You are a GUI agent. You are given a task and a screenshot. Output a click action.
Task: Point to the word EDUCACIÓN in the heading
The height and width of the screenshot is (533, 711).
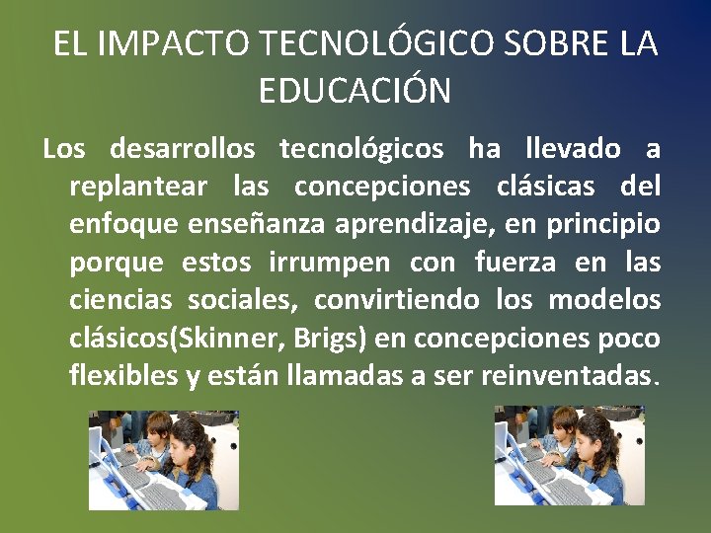[x=355, y=91]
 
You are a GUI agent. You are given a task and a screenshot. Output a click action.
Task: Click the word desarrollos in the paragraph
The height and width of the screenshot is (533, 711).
[x=183, y=149]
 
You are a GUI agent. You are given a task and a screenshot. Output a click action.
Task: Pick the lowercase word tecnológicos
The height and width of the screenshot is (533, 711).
[x=361, y=149]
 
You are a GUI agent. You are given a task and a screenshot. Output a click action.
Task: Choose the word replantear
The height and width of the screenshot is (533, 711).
[x=138, y=187]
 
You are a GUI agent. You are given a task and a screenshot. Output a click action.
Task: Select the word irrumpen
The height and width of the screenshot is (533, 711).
[x=331, y=264]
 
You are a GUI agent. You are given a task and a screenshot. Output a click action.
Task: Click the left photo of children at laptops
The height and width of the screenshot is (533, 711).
[x=164, y=460]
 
